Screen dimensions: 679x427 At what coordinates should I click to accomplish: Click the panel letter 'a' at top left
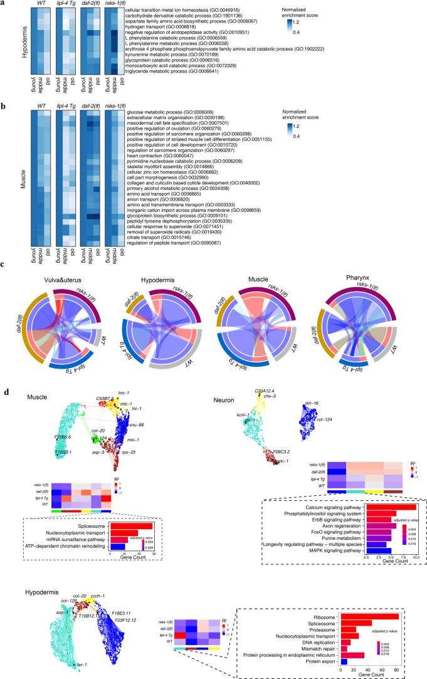tap(4, 4)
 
